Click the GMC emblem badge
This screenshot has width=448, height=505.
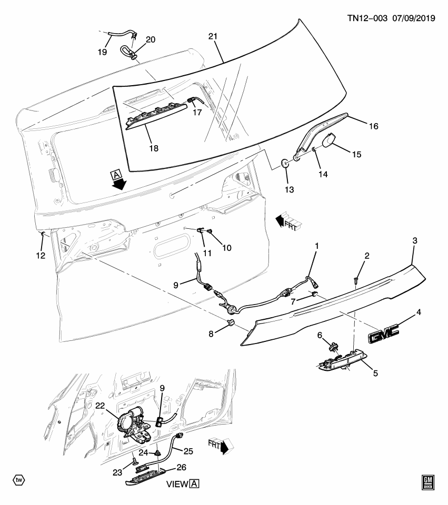383,332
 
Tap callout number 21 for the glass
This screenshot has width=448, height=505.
213,36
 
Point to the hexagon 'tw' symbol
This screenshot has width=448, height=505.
19,480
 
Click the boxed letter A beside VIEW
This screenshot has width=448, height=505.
194,483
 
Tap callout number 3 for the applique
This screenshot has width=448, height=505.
414,241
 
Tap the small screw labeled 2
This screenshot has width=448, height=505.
356,281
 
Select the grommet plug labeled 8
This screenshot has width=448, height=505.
230,322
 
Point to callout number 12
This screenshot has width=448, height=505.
41,256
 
